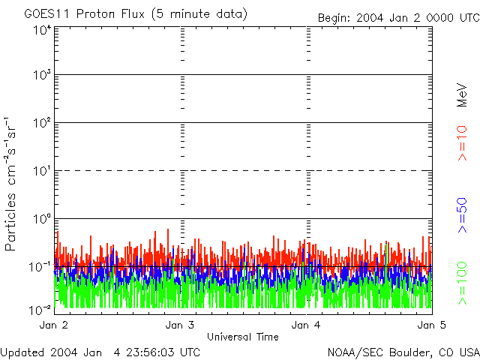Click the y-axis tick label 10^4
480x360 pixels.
pyautogui.click(x=42, y=30)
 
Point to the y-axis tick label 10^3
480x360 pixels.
pyautogui.click(x=42, y=76)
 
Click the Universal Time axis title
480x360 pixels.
pyautogui.click(x=242, y=337)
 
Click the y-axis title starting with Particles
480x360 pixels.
pyautogui.click(x=12, y=183)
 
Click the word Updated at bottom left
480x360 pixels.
pyautogui.click(x=23, y=352)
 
